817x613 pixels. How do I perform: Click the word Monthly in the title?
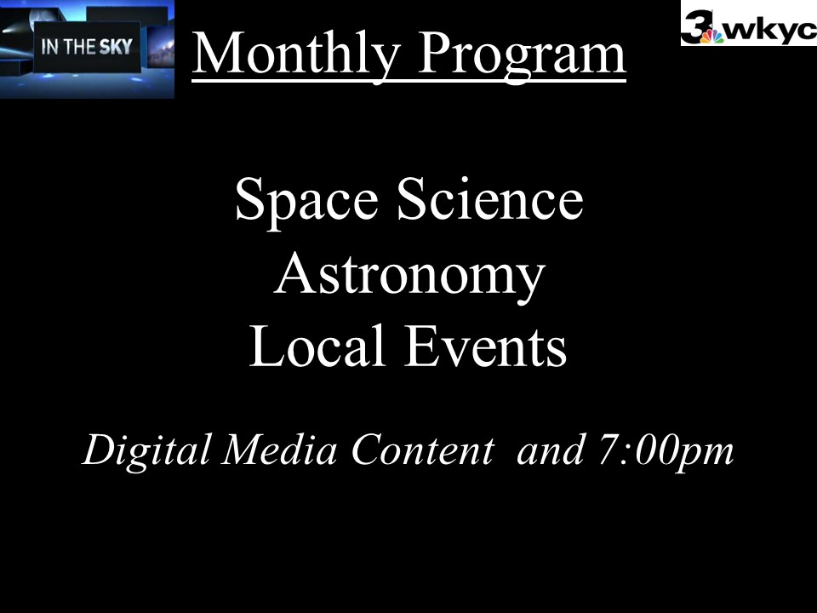296,54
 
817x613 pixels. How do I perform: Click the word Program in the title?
522,54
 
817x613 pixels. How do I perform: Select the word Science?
490,199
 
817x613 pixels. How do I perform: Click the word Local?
317,347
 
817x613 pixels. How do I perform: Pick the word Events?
486,347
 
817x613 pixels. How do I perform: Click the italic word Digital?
147,450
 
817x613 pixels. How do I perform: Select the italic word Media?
279,449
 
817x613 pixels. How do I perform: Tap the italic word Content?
423,450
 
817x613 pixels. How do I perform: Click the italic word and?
551,449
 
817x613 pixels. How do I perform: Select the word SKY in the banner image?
116,47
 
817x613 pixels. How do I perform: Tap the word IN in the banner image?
50,47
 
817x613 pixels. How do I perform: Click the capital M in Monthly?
219,52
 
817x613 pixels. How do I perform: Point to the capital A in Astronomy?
294,273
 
